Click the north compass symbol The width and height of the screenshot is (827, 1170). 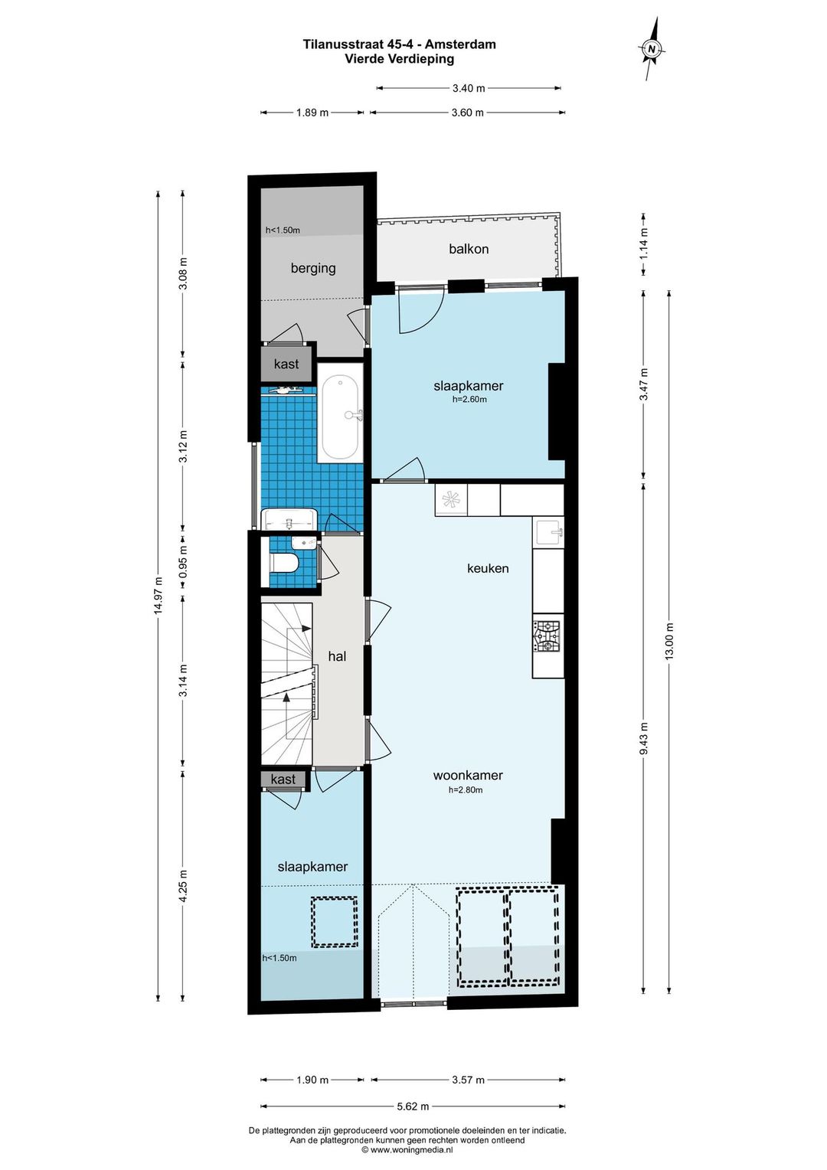click(x=651, y=48)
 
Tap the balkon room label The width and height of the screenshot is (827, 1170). click(x=469, y=249)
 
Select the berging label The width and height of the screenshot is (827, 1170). click(x=313, y=269)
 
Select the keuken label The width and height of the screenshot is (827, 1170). click(x=488, y=568)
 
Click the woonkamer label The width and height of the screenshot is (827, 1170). click(x=468, y=775)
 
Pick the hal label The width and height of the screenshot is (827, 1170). click(x=337, y=656)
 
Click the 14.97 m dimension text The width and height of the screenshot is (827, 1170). click(x=157, y=596)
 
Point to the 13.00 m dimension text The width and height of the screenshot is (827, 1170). click(x=669, y=642)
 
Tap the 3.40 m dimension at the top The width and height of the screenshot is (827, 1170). click(x=469, y=88)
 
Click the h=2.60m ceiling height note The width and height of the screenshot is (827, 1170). click(x=469, y=400)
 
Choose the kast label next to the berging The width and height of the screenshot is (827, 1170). click(x=286, y=364)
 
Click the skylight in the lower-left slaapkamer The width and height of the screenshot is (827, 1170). click(x=335, y=922)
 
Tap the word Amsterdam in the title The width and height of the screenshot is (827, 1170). click(x=464, y=44)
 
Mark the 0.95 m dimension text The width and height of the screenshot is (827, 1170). click(x=183, y=564)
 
